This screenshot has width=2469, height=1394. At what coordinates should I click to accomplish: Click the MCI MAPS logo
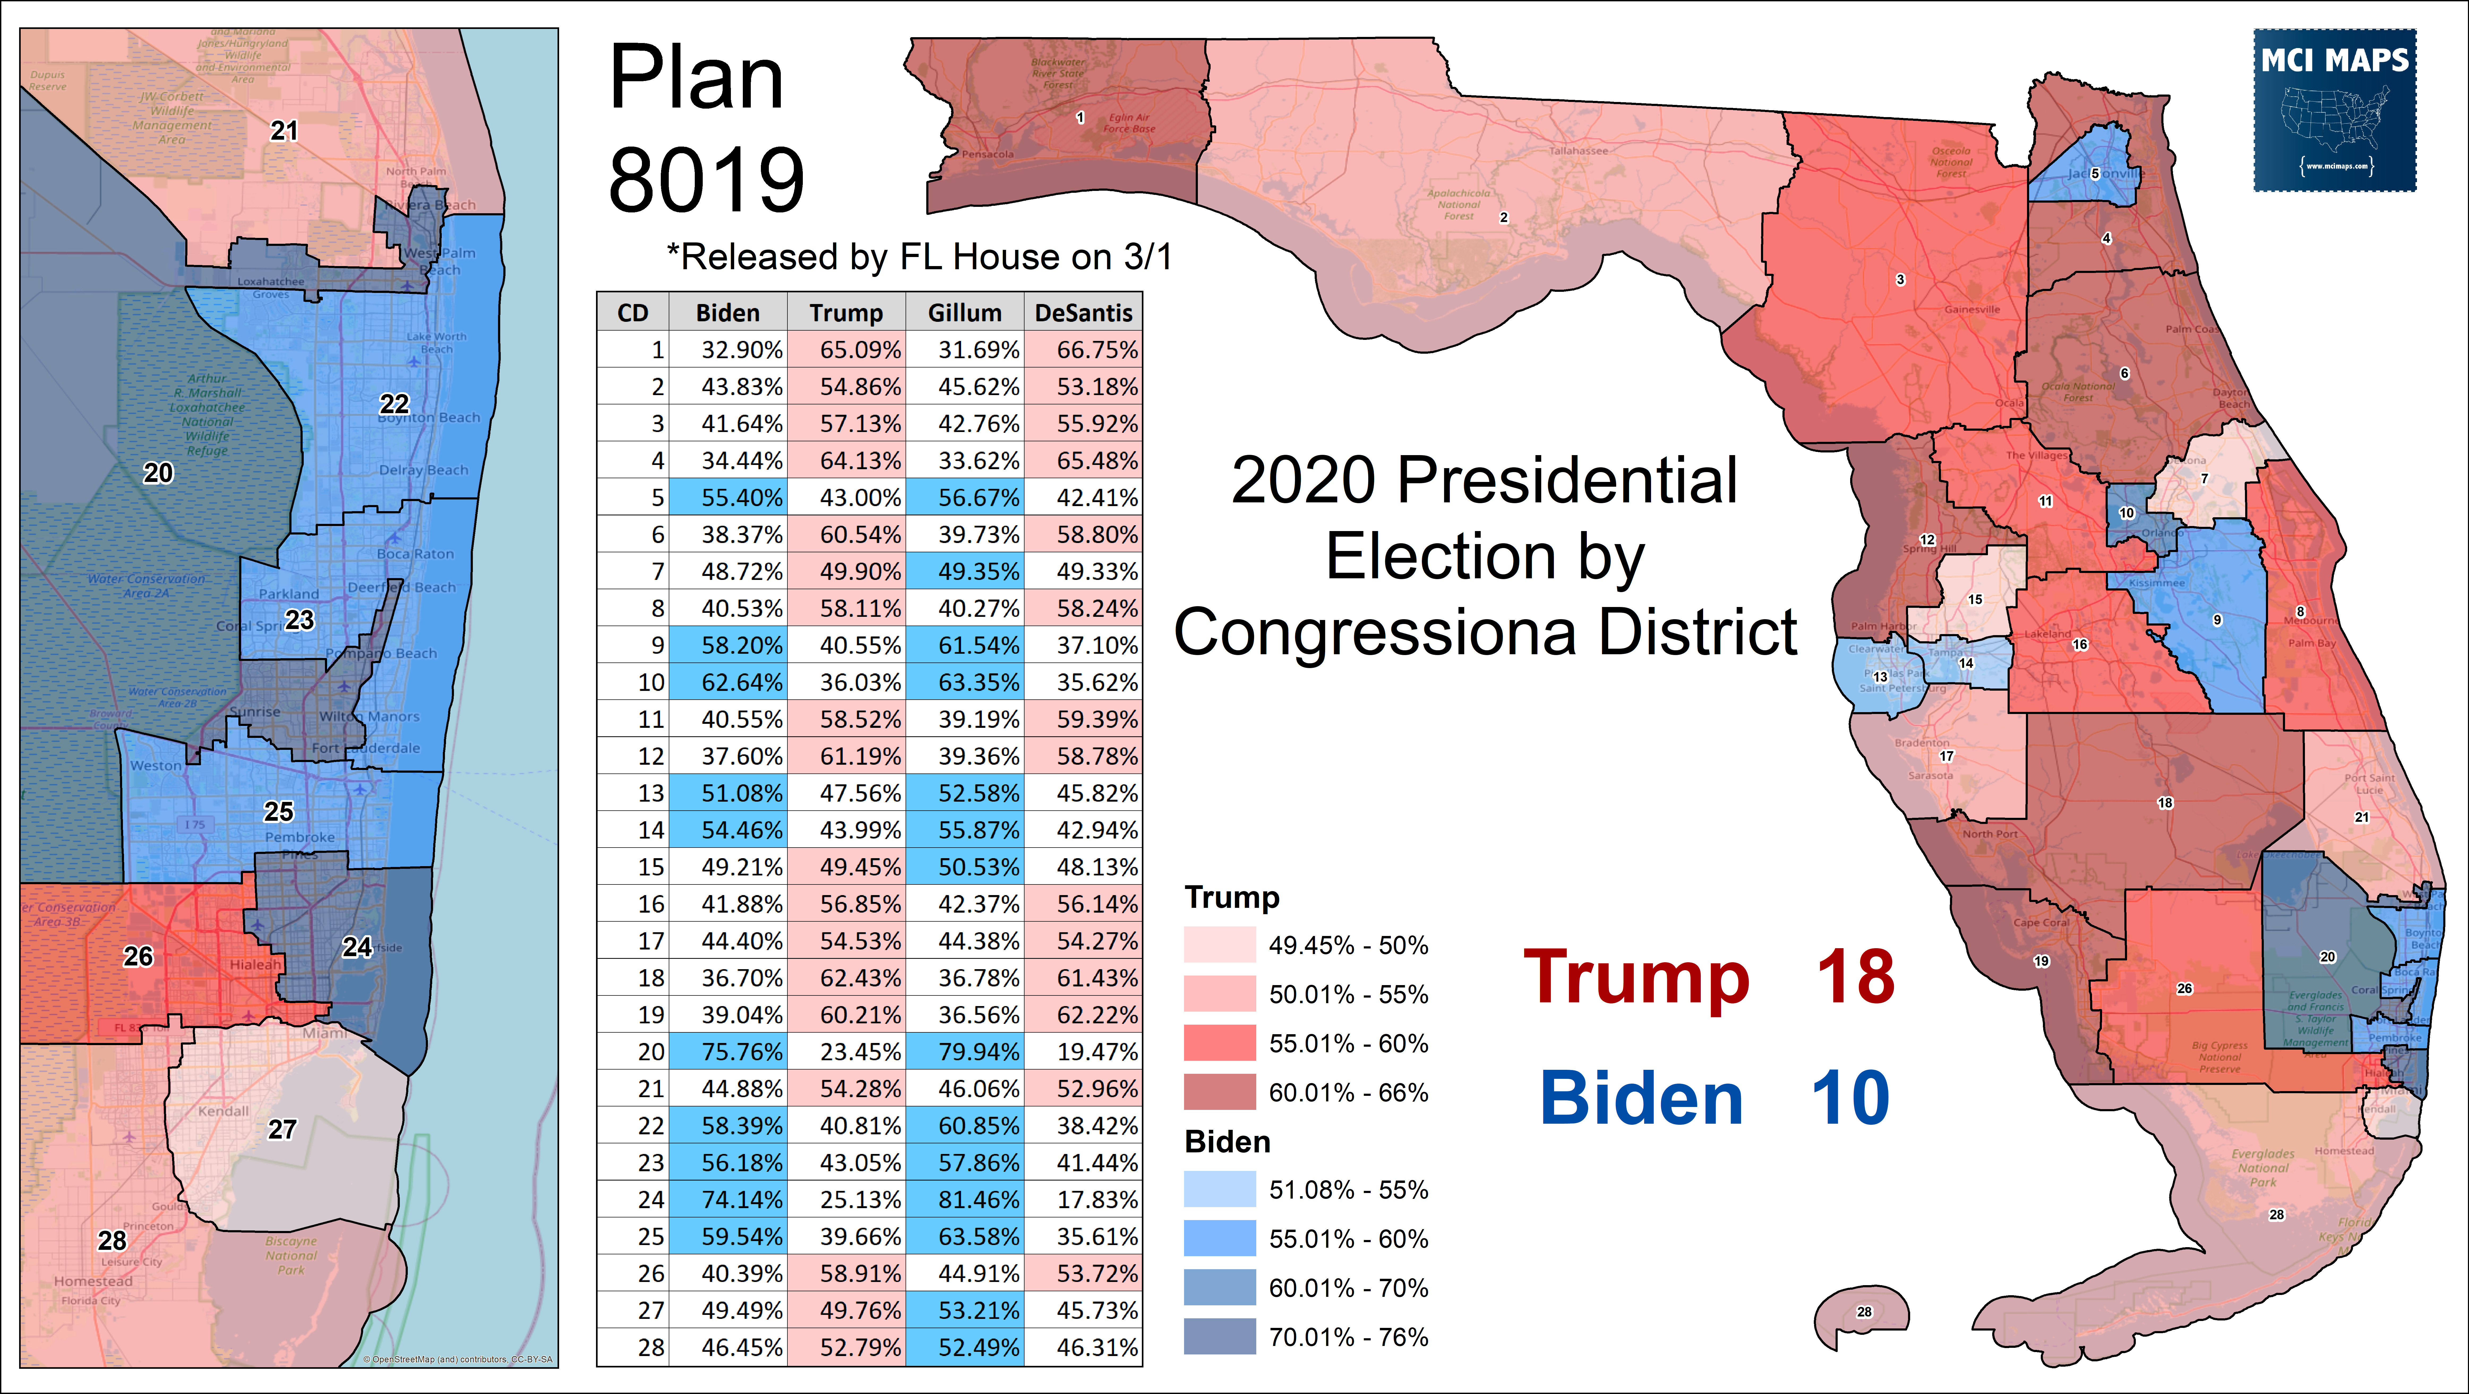pyautogui.click(x=2335, y=110)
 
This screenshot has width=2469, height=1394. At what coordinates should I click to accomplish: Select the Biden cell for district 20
pyautogui.click(x=727, y=1052)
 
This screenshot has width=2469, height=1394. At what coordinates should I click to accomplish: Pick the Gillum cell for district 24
pyautogui.click(x=964, y=1199)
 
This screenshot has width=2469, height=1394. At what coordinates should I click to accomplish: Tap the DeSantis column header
pyautogui.click(x=1083, y=313)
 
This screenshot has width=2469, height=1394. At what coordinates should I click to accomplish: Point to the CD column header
pyautogui.click(x=633, y=313)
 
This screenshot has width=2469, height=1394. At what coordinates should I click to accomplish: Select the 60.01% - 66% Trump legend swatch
pyautogui.click(x=1219, y=1092)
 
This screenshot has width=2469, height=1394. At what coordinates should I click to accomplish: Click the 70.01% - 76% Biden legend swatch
pyautogui.click(x=1219, y=1336)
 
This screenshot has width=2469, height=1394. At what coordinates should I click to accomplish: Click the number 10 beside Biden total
pyautogui.click(x=1850, y=1099)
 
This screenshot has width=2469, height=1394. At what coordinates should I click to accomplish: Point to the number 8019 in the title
pyautogui.click(x=706, y=180)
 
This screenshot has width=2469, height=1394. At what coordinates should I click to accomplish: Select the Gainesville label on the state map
pyautogui.click(x=1971, y=310)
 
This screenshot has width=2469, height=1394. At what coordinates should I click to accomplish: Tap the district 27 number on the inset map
pyautogui.click(x=282, y=1129)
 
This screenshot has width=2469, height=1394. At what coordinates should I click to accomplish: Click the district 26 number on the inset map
pyautogui.click(x=138, y=956)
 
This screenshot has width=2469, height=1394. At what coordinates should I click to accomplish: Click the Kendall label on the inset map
pyautogui.click(x=223, y=1111)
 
